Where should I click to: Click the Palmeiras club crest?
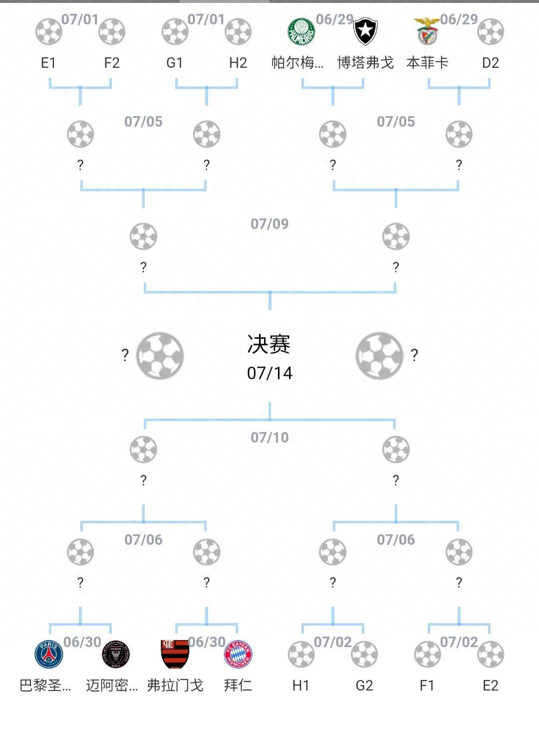coord(301,32)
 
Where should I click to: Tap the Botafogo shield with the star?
coord(365,32)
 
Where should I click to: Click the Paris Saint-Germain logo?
coord(49,654)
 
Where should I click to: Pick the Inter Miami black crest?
coord(115,654)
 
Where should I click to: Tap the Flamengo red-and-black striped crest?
coord(175,654)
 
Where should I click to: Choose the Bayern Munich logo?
coord(238,654)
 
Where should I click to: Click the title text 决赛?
coord(269,344)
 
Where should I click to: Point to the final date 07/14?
coord(269,373)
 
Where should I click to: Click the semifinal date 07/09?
coord(269,224)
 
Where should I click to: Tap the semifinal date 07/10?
coord(269,438)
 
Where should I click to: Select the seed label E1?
coord(48,63)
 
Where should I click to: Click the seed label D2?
coord(490,63)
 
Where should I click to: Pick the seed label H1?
coord(300,686)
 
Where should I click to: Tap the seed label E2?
coord(490,686)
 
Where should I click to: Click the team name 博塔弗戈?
coord(365,63)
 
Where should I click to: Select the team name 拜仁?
coord(238,686)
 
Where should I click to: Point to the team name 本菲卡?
coord(427,63)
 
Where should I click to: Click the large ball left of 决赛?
coord(160,355)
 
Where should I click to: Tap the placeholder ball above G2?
coord(364,654)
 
